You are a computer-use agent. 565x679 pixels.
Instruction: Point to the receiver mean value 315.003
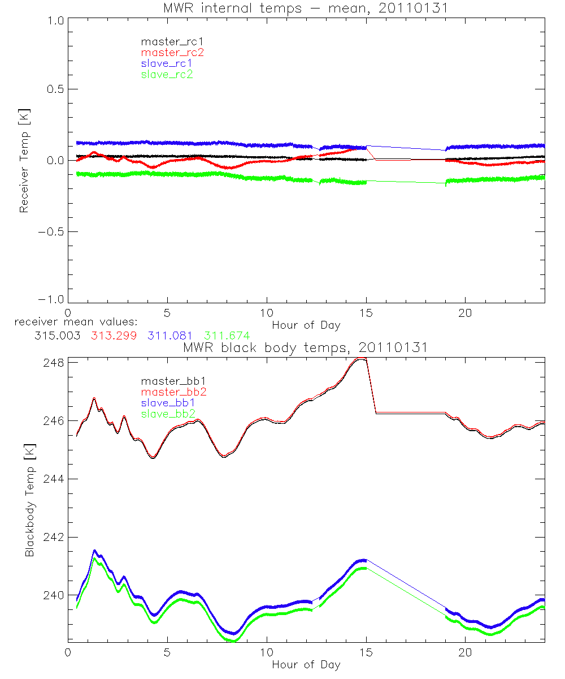56,336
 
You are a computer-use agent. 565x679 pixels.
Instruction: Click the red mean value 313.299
113,336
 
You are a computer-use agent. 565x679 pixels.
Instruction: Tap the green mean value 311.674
227,336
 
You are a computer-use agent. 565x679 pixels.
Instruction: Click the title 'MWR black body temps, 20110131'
306,347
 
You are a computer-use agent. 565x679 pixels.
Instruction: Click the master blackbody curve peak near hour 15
360,358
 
